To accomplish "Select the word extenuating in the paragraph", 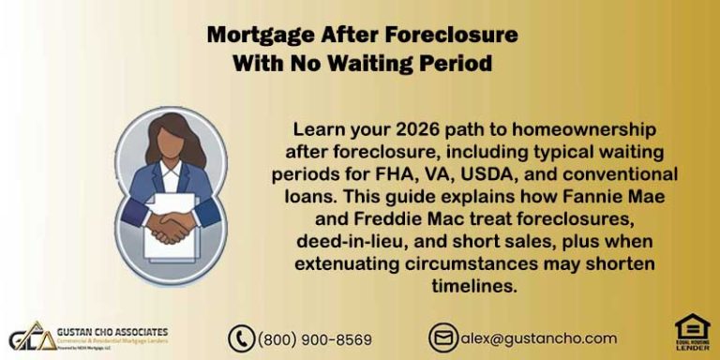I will point(346,264).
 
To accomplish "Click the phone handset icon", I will point(242,338).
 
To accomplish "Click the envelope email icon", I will point(442,337).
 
